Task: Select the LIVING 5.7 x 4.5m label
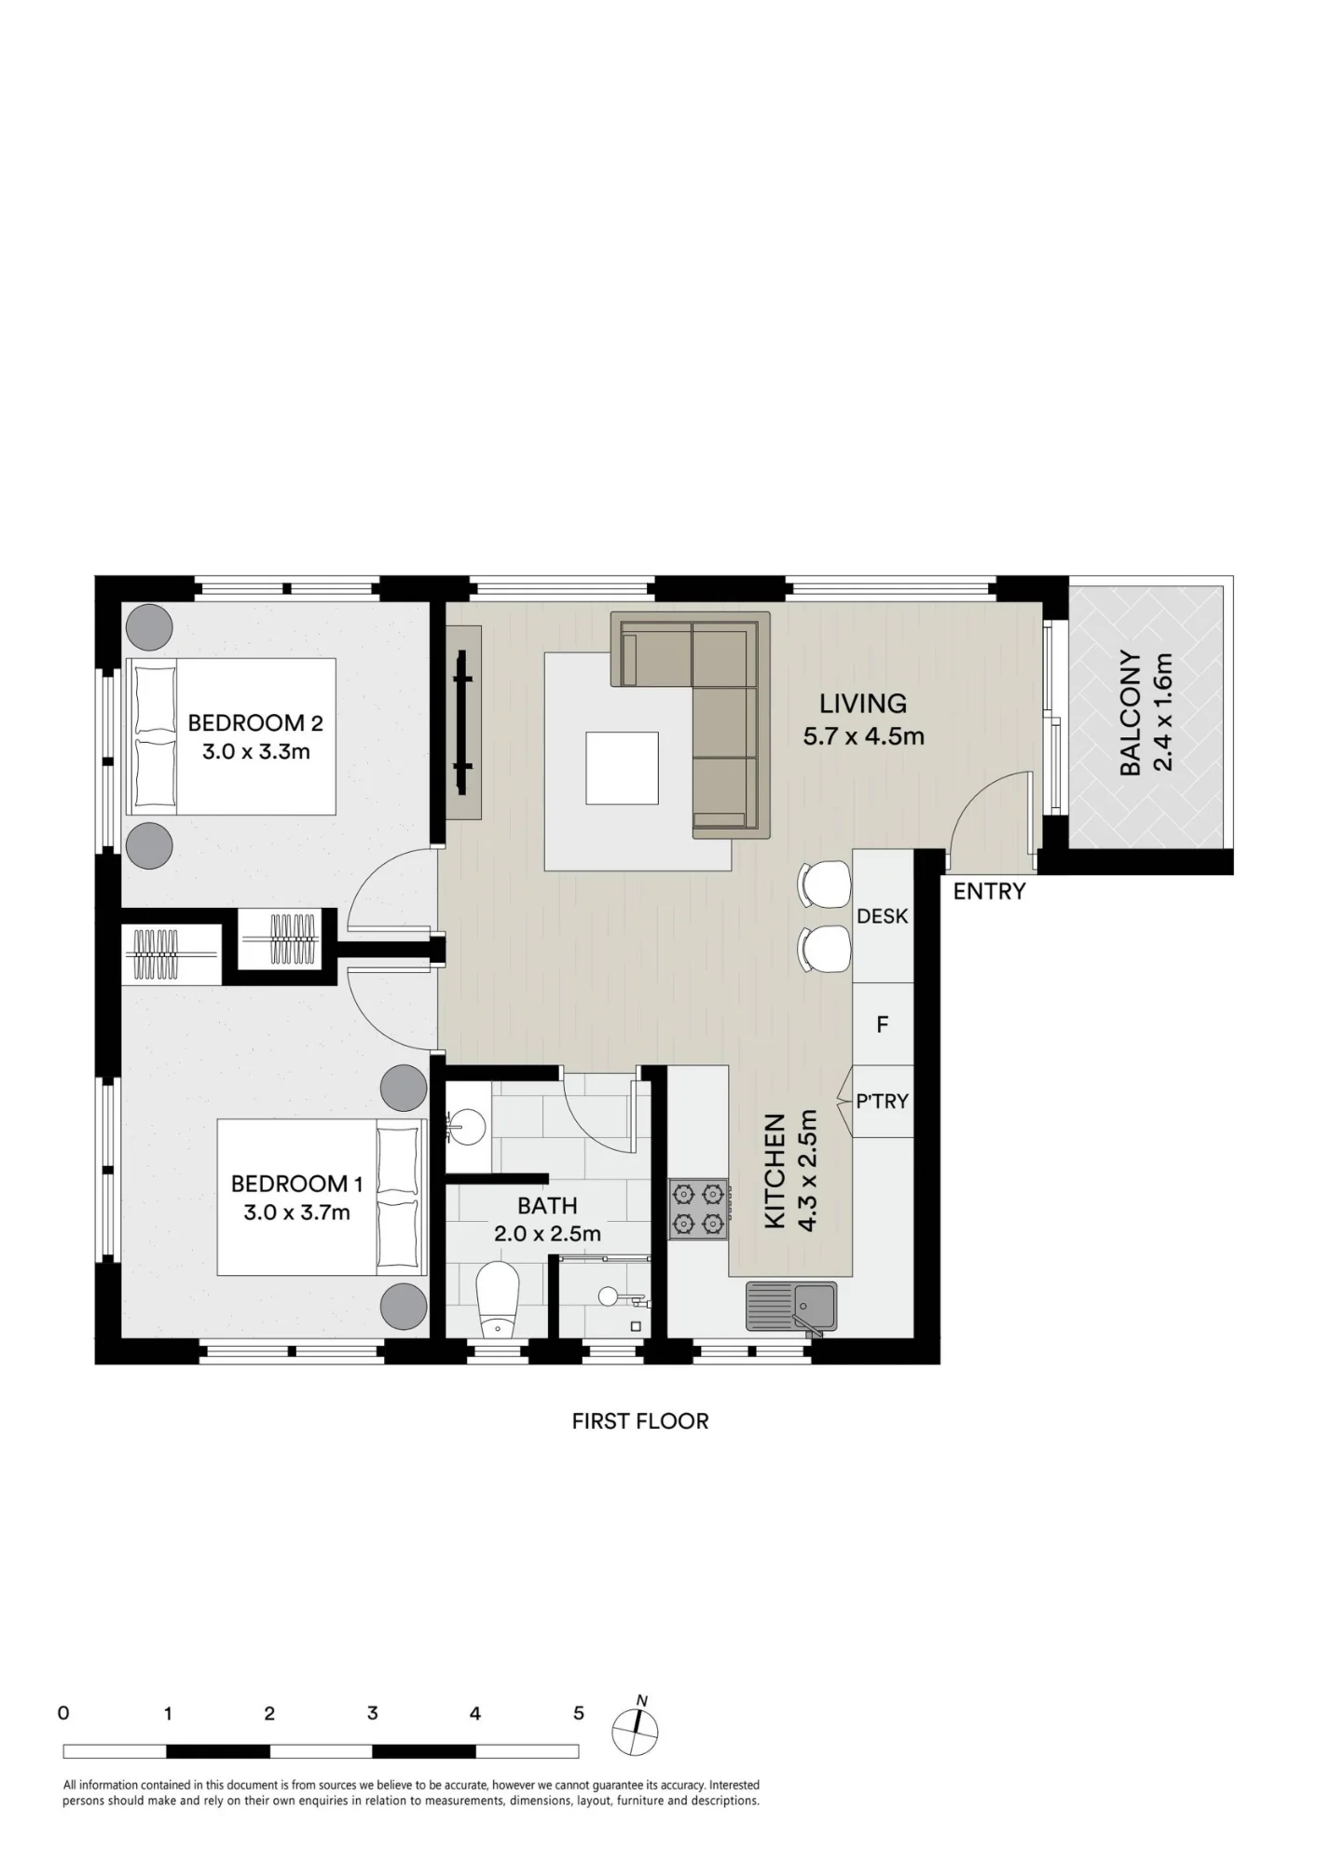click(x=864, y=720)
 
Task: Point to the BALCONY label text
click(x=1131, y=713)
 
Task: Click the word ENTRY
click(x=989, y=892)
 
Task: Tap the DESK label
click(x=882, y=916)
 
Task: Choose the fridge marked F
click(x=883, y=1024)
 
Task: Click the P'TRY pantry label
click(x=882, y=1101)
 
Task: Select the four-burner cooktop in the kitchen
click(x=698, y=1209)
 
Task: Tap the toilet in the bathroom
click(x=497, y=1300)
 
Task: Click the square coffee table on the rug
click(x=623, y=768)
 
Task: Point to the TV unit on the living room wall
click(x=463, y=722)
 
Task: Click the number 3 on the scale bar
click(x=373, y=1713)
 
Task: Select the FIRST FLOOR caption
click(x=640, y=1421)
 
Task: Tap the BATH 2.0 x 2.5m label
click(x=547, y=1219)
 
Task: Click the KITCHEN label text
click(x=775, y=1171)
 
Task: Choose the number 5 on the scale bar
click(x=579, y=1713)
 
